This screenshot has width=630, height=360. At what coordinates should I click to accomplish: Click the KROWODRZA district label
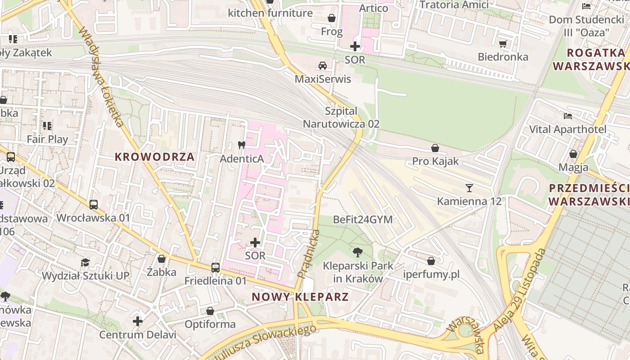point(154,157)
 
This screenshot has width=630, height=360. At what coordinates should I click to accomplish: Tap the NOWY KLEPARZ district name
point(300,297)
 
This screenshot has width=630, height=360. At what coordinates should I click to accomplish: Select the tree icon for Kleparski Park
point(358,252)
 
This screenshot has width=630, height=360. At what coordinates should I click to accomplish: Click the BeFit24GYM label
point(363,220)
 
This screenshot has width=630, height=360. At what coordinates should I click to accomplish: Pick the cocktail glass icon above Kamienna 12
point(469,188)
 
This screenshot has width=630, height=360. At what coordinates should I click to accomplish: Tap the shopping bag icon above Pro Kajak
point(435,148)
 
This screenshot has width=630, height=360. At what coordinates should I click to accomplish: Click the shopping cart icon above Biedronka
point(503,44)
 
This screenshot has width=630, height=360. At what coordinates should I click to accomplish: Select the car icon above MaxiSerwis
point(323,66)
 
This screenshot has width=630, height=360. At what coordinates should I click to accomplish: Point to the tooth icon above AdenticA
point(241,145)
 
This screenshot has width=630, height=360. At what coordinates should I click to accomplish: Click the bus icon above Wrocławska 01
point(93,205)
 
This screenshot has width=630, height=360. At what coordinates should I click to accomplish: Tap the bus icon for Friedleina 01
point(216,268)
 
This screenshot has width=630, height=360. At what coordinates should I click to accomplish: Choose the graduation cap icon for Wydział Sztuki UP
point(85,262)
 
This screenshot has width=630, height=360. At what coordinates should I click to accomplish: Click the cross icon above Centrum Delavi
point(138,321)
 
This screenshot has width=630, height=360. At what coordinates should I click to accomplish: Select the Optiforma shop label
point(210,324)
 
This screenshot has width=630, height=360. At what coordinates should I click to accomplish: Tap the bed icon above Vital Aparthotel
point(568,116)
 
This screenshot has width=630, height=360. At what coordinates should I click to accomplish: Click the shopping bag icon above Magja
point(573,154)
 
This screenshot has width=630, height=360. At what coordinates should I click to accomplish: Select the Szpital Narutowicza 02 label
point(341,117)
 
